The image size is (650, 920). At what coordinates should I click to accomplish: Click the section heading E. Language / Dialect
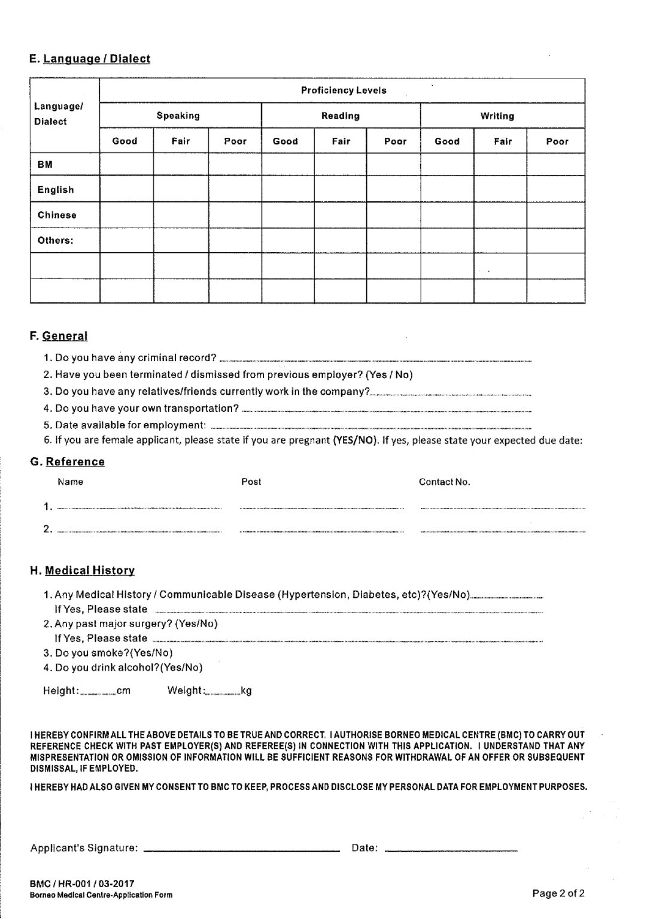point(90,59)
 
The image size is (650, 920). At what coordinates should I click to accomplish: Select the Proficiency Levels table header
point(343,90)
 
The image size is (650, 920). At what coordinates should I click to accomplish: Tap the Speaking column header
point(178,116)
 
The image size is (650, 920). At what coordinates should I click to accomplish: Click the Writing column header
point(497,116)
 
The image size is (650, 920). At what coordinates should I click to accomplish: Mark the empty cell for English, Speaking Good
point(126,189)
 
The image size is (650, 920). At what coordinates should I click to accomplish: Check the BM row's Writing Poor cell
point(556,164)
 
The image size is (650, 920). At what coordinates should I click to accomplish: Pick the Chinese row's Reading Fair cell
point(341,215)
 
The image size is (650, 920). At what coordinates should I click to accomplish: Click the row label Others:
point(56,241)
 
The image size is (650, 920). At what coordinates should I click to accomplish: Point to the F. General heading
point(59,336)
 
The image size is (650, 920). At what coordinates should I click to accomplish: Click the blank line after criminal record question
point(375,359)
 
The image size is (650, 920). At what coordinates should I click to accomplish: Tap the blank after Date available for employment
point(371,426)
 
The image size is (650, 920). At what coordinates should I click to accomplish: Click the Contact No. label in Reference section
point(444,482)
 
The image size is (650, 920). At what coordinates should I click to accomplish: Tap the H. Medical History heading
point(83,570)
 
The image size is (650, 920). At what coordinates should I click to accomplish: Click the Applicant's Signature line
point(241,848)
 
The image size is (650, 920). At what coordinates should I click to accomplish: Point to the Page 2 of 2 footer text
point(558,894)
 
